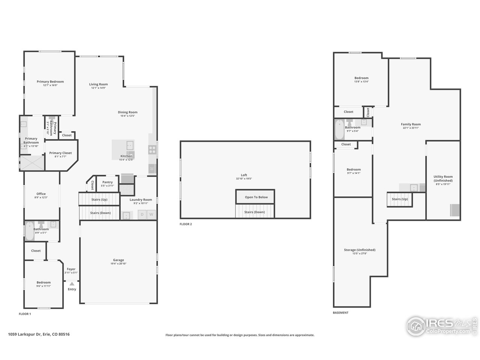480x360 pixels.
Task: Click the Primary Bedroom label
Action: (50, 81)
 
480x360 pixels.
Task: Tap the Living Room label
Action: (98, 84)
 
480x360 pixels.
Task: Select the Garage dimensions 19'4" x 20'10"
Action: (118, 264)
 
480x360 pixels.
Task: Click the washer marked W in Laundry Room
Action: (151, 214)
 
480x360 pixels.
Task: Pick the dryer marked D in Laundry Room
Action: (142, 214)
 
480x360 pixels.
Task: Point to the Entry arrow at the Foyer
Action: (72, 284)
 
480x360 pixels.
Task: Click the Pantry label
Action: (107, 182)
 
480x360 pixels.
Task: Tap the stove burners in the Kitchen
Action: (152, 150)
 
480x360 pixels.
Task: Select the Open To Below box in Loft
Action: (256, 197)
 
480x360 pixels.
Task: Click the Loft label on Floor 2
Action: (244, 175)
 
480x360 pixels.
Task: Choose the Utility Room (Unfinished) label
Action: (443, 178)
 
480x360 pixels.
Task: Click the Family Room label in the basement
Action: (411, 124)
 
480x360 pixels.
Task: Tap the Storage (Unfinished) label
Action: (360, 250)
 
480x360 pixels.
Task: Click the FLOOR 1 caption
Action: (25, 314)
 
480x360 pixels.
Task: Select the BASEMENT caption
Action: (340, 312)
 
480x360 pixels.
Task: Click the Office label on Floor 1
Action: (41, 194)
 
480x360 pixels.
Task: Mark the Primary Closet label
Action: (60, 153)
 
